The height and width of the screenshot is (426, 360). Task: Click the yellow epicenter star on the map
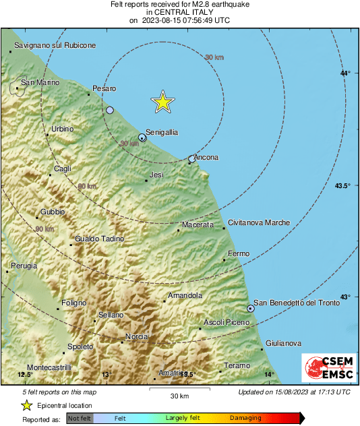pos(162,102)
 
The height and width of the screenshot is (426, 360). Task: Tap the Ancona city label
pos(205,158)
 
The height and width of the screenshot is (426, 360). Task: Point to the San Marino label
pos(40,82)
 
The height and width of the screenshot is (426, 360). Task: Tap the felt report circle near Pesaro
pos(110,110)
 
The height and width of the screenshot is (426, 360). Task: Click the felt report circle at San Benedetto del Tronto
pos(251,308)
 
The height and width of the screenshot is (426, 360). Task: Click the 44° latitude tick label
pos(345,73)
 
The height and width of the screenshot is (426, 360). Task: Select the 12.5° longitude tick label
pos(25,374)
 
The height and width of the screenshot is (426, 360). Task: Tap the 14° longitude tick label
pos(269,374)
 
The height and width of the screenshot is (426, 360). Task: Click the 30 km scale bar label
pos(179,395)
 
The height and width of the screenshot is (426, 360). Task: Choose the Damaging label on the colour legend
pos(241,419)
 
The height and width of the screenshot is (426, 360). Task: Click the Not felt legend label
pos(80,419)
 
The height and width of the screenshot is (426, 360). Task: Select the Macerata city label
pos(198,224)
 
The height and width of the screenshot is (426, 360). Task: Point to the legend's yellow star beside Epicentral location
pos(27,405)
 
